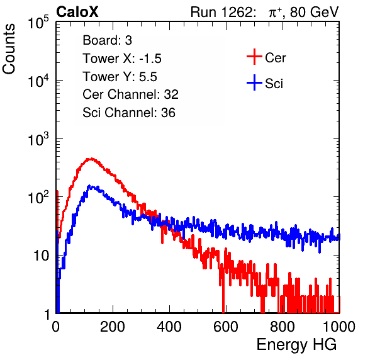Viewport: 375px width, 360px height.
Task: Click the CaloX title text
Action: click(77, 12)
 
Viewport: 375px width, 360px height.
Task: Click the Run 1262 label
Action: click(221, 12)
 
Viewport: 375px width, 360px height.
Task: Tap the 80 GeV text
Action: click(314, 12)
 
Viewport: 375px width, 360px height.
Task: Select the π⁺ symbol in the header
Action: click(274, 12)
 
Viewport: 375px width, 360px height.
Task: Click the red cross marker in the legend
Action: click(254, 57)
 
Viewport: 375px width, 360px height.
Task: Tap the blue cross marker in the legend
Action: click(254, 82)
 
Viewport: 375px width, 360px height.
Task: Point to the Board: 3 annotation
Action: click(107, 40)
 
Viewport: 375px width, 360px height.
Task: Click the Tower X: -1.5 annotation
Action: click(122, 59)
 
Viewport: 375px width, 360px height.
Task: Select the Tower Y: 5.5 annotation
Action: click(120, 77)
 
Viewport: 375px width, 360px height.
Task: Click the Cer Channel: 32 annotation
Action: click(131, 94)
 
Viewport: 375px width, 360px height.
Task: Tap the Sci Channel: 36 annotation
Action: click(129, 113)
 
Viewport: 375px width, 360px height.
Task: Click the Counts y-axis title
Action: click(9, 49)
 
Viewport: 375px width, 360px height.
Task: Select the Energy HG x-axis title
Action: click(296, 345)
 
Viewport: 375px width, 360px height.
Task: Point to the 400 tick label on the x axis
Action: click(169, 327)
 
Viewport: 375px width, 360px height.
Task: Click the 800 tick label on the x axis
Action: click(283, 327)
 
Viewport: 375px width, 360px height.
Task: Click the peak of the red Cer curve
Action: click(91, 159)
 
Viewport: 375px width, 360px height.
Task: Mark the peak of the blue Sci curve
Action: click(89, 186)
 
